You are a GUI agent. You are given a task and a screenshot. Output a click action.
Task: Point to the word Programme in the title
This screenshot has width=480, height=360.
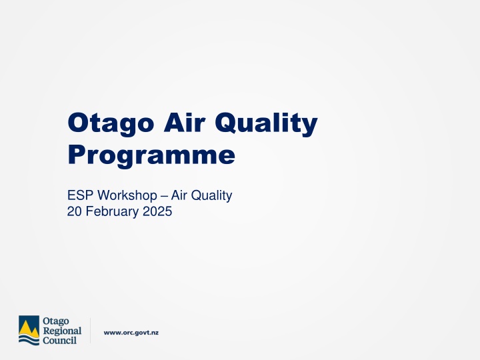tap(151, 155)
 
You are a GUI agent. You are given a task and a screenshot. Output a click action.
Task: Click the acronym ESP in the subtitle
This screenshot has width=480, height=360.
tap(79, 195)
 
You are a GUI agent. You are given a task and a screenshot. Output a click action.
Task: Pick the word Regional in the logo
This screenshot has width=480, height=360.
tap(61, 331)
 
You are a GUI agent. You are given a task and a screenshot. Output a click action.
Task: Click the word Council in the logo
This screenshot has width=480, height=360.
tap(59, 340)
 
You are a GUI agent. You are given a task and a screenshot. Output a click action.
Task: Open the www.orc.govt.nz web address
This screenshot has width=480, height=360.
tap(131, 331)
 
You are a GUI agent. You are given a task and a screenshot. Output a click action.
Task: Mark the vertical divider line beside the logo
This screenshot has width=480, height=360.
tap(90, 331)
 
